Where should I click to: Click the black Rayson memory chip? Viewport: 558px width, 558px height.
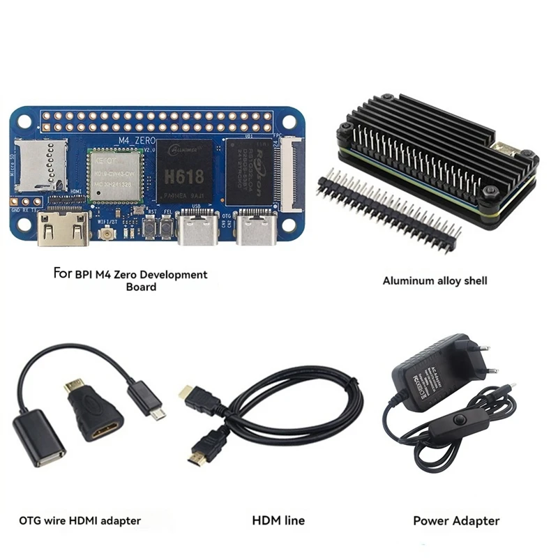coord(247,172)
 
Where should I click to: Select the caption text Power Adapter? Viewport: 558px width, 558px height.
coord(456,520)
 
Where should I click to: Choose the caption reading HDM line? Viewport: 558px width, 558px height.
coord(278,520)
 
